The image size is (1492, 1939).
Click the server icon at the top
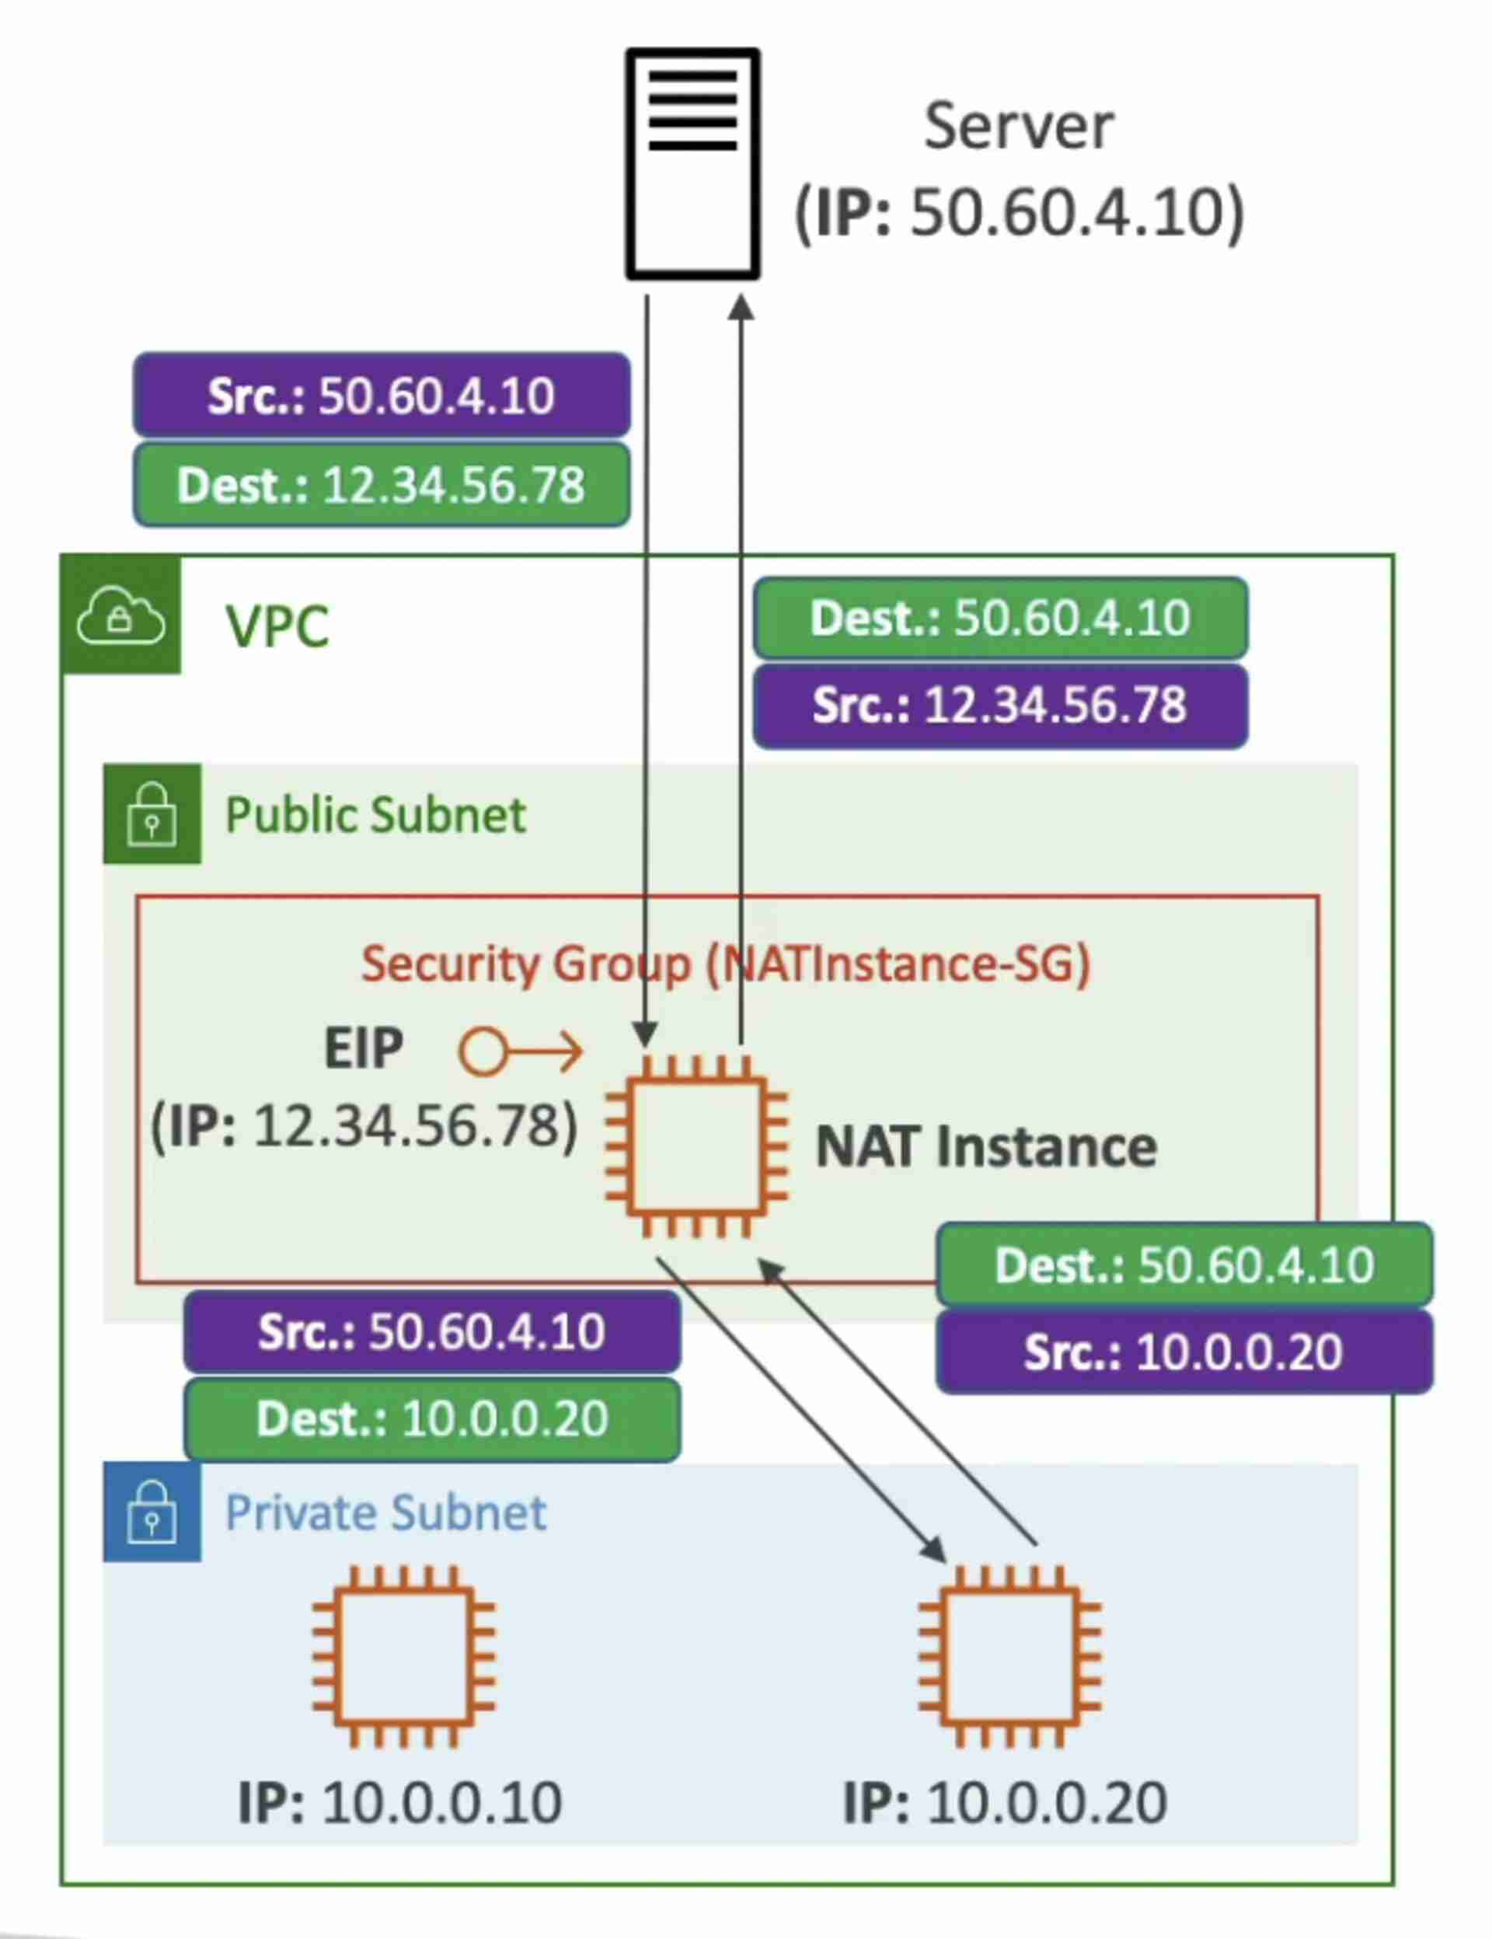(x=692, y=163)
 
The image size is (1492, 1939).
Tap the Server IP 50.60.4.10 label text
(x=1019, y=213)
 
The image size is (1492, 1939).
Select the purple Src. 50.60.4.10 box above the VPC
(x=382, y=395)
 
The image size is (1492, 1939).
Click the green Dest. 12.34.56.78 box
(x=382, y=485)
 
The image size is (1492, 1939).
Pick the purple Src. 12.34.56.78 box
(x=1000, y=706)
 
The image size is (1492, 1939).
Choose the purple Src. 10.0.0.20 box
(x=1184, y=1352)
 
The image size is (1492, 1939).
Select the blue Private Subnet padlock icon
(x=152, y=1512)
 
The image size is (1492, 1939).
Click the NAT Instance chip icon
(x=697, y=1146)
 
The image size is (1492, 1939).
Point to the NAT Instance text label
(x=986, y=1146)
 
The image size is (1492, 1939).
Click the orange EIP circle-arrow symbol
(x=521, y=1052)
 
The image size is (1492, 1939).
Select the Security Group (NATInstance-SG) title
(x=725, y=964)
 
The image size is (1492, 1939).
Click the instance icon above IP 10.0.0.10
(x=404, y=1657)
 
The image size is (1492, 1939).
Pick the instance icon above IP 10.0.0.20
(x=1010, y=1657)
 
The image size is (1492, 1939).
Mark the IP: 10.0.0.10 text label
(x=399, y=1802)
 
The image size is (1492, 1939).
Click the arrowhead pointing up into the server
(x=742, y=308)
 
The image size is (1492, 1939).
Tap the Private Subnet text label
(x=385, y=1512)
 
